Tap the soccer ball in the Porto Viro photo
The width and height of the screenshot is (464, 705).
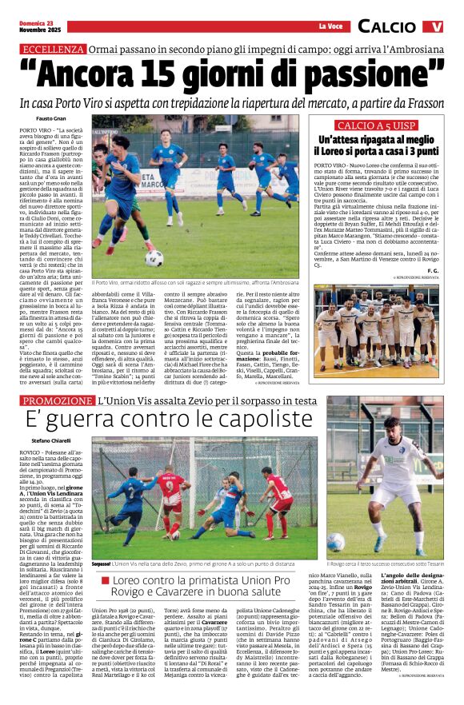(x=154, y=257)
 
